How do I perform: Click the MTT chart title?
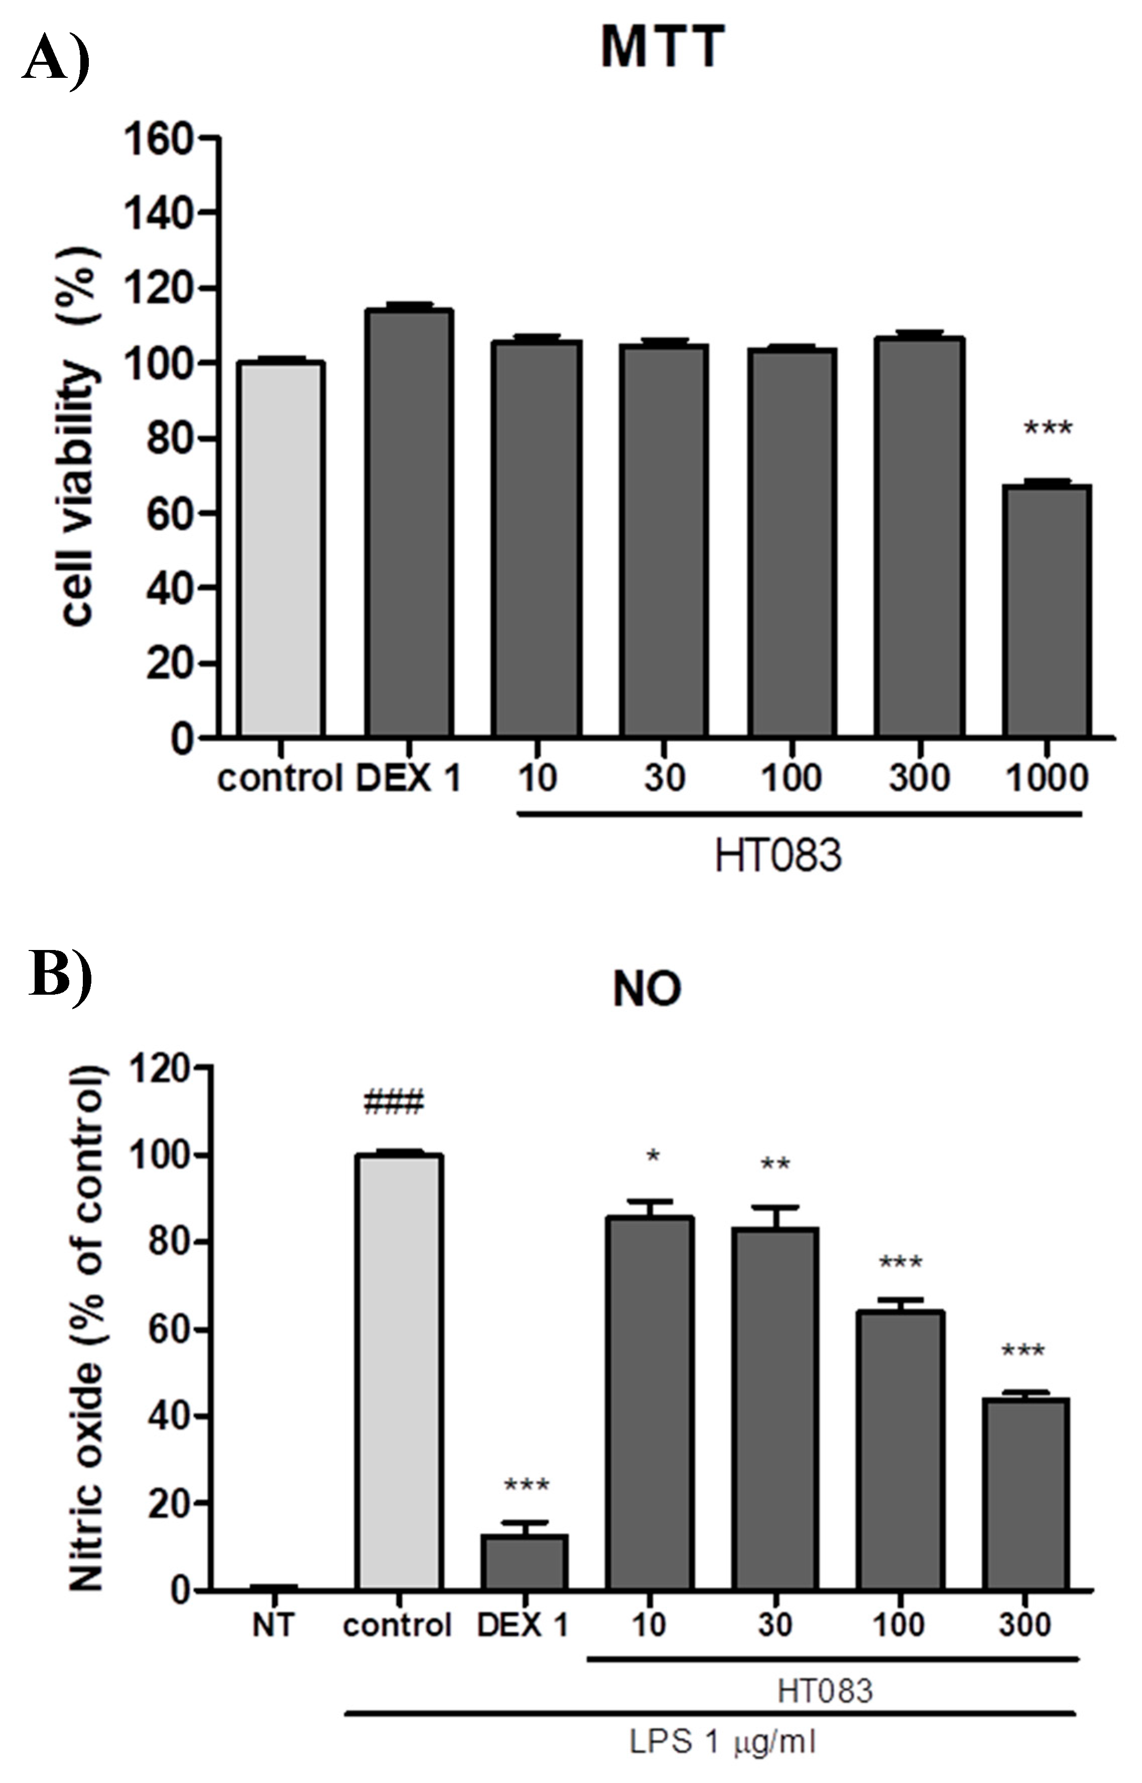[662, 47]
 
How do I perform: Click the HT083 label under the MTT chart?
[778, 855]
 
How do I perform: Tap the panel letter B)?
[59, 973]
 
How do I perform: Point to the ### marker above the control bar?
[394, 1103]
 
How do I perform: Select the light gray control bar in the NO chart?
[398, 1372]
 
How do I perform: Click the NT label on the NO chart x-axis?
[273, 1625]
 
